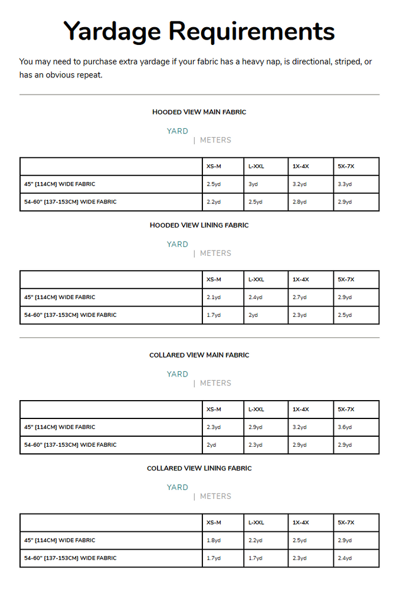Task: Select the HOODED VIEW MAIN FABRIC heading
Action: coord(199,112)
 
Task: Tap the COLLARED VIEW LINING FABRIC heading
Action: coord(199,468)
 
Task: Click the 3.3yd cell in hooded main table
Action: coord(345,184)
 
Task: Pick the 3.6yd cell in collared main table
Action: coord(345,427)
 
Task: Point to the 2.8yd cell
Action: coord(300,202)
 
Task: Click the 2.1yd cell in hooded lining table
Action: coord(214,297)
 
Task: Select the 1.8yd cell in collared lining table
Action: coord(214,540)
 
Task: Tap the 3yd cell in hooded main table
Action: coord(253,184)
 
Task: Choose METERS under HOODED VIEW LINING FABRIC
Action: coord(215,254)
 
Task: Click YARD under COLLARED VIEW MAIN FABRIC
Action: coord(177,374)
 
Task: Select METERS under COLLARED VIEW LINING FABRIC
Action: coord(215,496)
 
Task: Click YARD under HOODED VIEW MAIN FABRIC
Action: coord(177,131)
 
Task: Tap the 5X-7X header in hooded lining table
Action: coord(346,280)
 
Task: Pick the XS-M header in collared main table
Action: coord(214,410)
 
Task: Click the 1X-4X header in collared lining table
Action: coord(300,522)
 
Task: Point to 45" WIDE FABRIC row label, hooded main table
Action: coord(60,184)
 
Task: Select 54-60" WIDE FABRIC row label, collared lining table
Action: coord(70,558)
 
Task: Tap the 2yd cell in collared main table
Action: coord(211,445)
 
